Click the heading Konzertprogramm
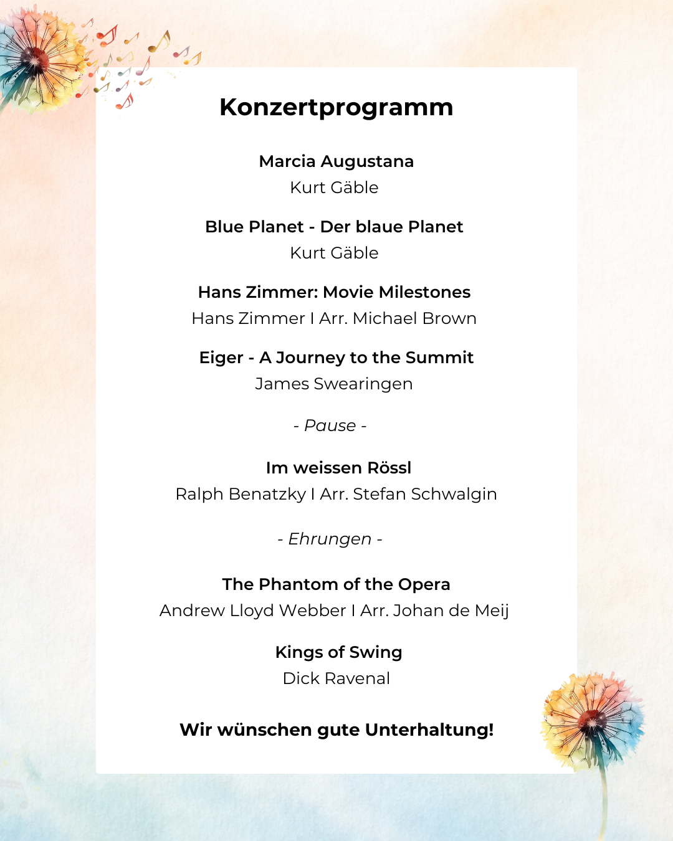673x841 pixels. (336, 107)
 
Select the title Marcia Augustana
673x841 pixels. (336, 161)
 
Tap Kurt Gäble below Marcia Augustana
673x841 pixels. (334, 188)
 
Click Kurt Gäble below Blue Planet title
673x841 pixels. (334, 253)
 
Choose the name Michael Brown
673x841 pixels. (414, 318)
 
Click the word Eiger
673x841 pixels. (221, 358)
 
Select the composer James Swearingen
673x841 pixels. (334, 384)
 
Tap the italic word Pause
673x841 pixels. (330, 425)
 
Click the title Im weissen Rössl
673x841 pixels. (338, 468)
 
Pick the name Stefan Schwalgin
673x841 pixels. (424, 494)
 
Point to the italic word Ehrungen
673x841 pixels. (330, 539)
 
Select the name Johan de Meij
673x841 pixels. (451, 611)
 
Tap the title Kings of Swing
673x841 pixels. (338, 652)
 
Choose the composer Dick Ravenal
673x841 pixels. (336, 678)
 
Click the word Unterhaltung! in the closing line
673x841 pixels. (429, 730)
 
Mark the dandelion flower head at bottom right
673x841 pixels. (592, 721)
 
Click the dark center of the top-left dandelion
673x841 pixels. (34, 59)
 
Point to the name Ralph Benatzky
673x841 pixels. (241, 494)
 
